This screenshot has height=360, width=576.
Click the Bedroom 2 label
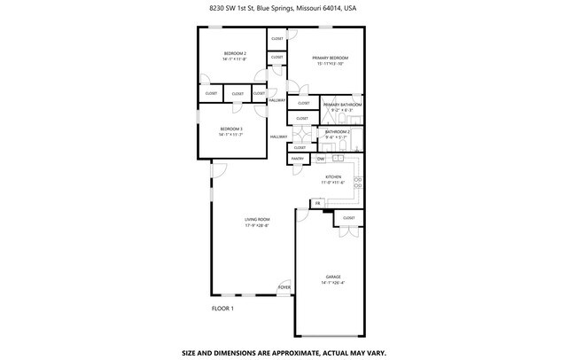tap(235, 54)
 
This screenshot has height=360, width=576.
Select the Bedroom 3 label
tap(231, 129)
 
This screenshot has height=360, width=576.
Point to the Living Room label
tap(258, 219)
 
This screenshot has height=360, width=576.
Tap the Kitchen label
tap(334, 177)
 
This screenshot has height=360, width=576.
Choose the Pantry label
tap(298, 159)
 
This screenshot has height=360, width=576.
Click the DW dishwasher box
tap(321, 159)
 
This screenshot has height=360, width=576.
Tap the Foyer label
tap(284, 287)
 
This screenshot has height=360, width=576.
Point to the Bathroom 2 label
tap(338, 132)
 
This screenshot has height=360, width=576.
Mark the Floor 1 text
tap(222, 309)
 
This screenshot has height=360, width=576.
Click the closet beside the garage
tap(348, 218)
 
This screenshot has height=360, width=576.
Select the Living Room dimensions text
tap(258, 224)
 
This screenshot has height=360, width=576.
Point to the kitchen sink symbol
tap(357, 183)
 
